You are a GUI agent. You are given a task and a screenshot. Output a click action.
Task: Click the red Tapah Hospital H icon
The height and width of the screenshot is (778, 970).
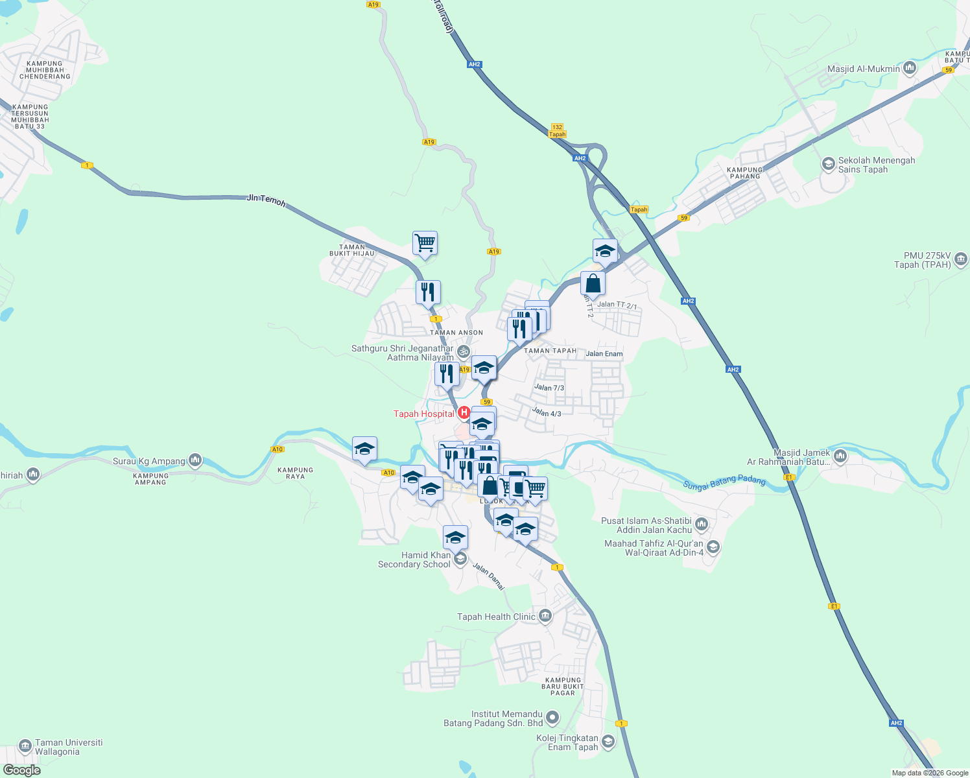464,412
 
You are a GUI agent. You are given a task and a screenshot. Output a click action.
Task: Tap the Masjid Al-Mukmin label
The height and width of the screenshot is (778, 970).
864,69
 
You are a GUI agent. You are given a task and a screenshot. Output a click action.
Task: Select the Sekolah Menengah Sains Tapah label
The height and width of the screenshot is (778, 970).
876,165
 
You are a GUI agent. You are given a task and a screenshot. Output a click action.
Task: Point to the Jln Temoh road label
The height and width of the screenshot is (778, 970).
266,200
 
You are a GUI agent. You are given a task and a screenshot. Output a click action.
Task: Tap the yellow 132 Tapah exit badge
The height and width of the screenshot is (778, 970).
557,131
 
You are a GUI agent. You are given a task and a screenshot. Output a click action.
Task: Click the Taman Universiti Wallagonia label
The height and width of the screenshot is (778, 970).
69,747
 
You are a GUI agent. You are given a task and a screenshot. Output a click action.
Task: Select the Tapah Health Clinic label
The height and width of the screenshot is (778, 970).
496,617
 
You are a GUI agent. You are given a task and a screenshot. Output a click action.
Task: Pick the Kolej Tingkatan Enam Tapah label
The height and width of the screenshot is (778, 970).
567,742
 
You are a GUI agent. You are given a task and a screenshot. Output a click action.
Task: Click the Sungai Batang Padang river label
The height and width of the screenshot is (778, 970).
724,481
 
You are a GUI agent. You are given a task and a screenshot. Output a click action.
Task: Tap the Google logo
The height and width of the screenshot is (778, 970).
21,770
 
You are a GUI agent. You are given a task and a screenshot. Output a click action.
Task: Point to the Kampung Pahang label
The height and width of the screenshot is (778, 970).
744,172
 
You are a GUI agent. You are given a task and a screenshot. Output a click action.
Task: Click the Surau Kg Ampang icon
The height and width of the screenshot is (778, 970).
195,461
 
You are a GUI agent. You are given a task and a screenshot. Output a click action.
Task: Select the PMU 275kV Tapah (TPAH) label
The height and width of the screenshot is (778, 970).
922,260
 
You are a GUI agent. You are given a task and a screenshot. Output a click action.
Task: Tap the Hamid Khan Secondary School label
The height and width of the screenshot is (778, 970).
414,560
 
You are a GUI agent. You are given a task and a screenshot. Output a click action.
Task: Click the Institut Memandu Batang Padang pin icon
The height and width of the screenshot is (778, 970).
552,718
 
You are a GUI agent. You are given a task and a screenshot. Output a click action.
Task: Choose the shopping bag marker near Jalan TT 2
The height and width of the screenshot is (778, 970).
593,283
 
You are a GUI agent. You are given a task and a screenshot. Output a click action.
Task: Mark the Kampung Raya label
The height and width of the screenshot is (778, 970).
295,473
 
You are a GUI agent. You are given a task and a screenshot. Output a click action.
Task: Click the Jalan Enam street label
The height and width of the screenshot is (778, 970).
604,354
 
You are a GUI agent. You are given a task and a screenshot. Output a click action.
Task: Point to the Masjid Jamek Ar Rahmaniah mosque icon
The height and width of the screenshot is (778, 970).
840,456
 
